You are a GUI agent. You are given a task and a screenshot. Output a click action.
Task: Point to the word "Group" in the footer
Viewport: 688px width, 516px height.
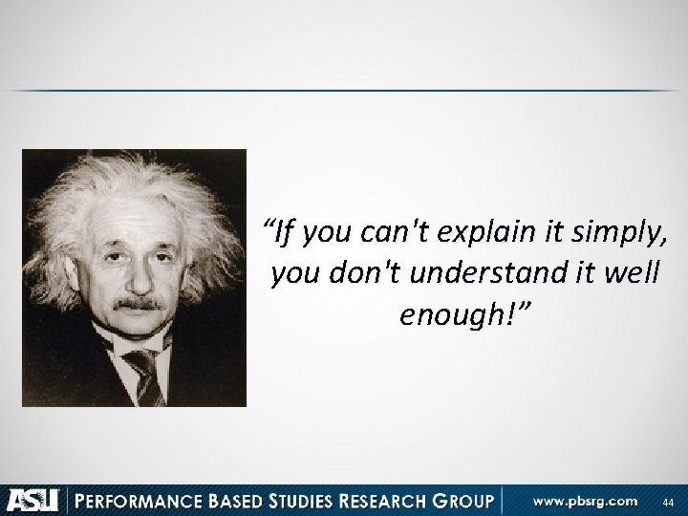(x=459, y=499)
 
